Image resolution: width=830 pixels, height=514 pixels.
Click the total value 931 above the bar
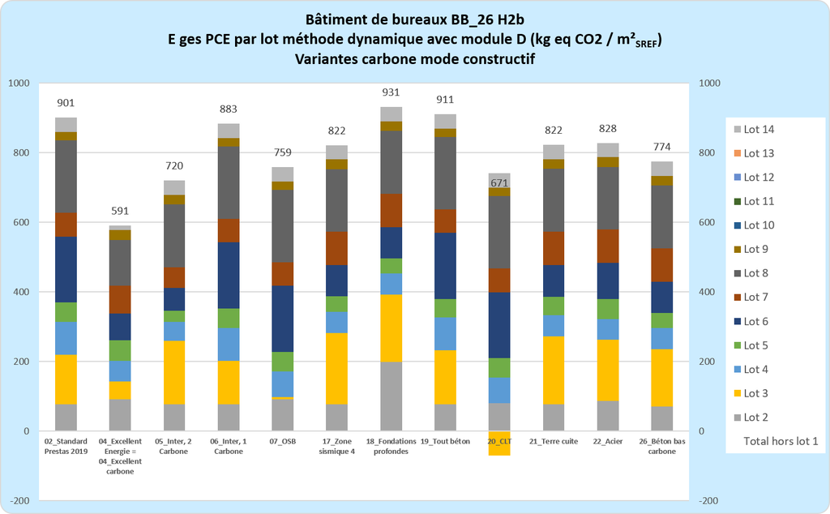pos(391,92)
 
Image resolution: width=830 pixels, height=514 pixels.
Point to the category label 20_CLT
pos(500,441)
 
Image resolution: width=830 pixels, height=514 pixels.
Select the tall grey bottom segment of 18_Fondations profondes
pos(391,396)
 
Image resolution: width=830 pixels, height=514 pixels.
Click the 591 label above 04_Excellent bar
pos(121,211)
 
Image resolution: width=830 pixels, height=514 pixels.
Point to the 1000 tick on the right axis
pos(709,84)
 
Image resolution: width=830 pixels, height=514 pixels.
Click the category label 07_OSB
pos(283,441)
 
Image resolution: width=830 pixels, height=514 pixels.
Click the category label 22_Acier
pos(608,441)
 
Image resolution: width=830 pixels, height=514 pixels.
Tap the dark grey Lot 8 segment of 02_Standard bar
pos(66,176)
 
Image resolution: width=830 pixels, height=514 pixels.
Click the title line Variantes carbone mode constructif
pos(415,59)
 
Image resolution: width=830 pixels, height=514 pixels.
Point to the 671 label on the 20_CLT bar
pos(499,183)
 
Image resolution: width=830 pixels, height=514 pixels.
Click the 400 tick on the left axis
pos(19,292)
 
